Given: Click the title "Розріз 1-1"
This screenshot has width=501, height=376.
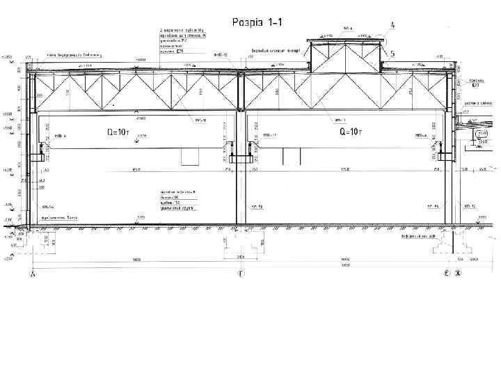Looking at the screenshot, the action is point(257,22).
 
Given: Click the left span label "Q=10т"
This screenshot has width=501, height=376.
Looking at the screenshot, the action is point(117,132).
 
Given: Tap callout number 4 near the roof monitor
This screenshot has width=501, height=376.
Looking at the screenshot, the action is point(393,25).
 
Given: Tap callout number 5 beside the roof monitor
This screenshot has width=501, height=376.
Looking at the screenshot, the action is point(393,53).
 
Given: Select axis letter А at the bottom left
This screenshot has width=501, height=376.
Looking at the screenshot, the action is point(32,275).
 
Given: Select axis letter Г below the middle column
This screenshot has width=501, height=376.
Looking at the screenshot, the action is point(241,275).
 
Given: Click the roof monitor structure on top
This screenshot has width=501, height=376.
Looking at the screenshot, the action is point(346,56).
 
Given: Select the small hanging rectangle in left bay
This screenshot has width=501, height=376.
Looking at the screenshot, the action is point(189,156).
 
